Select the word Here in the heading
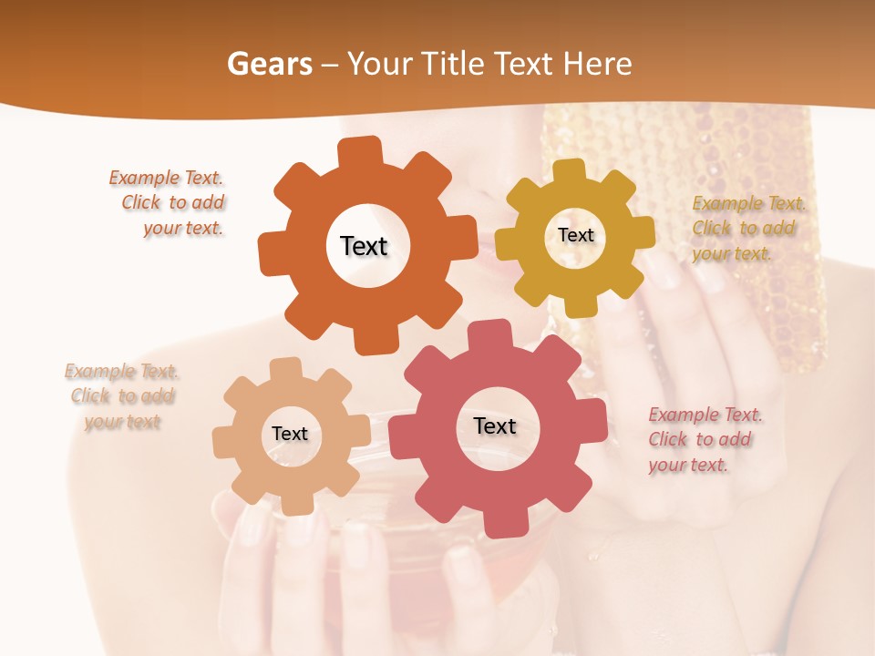tap(598, 64)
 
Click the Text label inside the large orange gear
tap(364, 246)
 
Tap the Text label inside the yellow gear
tap(575, 235)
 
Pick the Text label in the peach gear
tap(290, 435)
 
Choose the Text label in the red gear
tap(495, 426)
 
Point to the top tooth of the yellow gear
tap(570, 171)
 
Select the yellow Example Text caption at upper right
tap(747, 229)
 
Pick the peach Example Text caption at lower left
tap(122, 396)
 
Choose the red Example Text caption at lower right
tap(704, 440)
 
